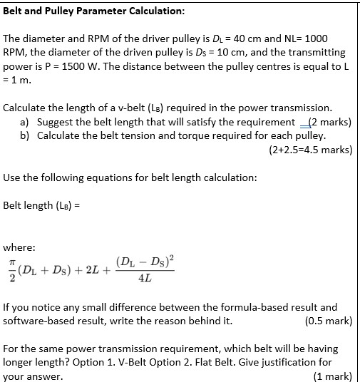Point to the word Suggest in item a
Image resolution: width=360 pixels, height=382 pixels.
(55, 121)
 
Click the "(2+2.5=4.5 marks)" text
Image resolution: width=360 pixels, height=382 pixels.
(311, 150)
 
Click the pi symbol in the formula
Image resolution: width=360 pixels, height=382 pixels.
(10, 263)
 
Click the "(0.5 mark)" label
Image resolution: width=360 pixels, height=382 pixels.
(328, 321)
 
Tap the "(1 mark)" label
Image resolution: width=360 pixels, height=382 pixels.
(332, 376)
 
